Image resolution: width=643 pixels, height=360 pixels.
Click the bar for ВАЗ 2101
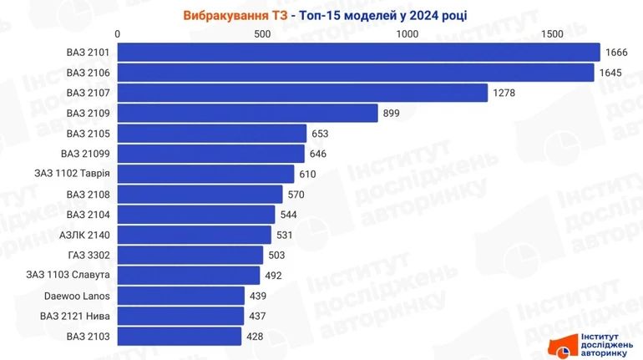[359, 53]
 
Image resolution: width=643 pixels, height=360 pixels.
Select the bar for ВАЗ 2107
[302, 93]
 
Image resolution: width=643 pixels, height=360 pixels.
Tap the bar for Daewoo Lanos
[181, 296]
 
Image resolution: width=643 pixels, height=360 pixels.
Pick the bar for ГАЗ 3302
[190, 255]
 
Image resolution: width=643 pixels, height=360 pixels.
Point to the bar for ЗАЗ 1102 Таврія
[206, 174]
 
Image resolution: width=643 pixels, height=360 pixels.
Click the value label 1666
[616, 53]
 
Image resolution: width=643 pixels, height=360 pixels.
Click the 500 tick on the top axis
[262, 33]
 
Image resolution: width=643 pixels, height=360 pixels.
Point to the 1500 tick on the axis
[551, 33]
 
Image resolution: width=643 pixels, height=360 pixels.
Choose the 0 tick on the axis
[119, 33]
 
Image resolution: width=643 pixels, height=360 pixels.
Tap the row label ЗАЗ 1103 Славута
[74, 275]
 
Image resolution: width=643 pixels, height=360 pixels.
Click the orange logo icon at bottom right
[557, 346]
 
